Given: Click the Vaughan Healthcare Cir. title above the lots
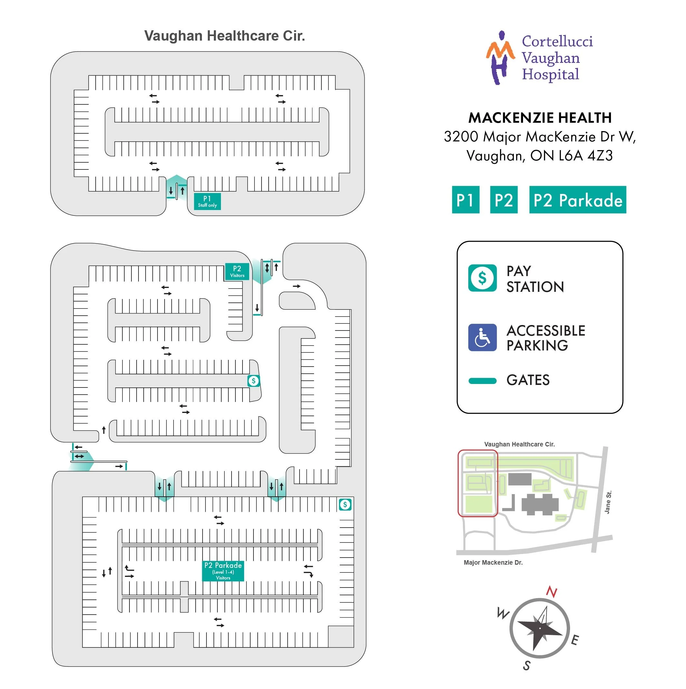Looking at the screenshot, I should (x=224, y=36).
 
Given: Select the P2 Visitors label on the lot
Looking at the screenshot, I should (x=237, y=272).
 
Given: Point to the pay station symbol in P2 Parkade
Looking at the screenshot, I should (x=345, y=505).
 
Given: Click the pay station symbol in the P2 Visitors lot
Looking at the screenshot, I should (x=253, y=381).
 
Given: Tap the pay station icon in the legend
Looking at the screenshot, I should (x=482, y=278).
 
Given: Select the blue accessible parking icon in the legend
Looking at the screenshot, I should (x=482, y=337).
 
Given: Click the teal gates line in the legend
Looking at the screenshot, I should (x=482, y=381).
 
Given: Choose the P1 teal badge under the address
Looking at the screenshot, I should (x=465, y=200).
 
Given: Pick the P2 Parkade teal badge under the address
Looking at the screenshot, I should (x=577, y=200).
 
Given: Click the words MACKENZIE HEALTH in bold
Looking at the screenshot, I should (x=539, y=118).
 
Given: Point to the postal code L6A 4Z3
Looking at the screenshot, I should (x=586, y=156).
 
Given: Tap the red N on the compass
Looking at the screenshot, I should (x=551, y=592).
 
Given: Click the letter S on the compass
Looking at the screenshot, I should (x=527, y=665).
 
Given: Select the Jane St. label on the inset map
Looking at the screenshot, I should (x=608, y=502).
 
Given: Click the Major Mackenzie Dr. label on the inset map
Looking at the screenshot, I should (x=493, y=563).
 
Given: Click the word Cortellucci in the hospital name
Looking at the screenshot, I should (x=557, y=41).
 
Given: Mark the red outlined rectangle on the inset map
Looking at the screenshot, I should (x=477, y=483).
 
